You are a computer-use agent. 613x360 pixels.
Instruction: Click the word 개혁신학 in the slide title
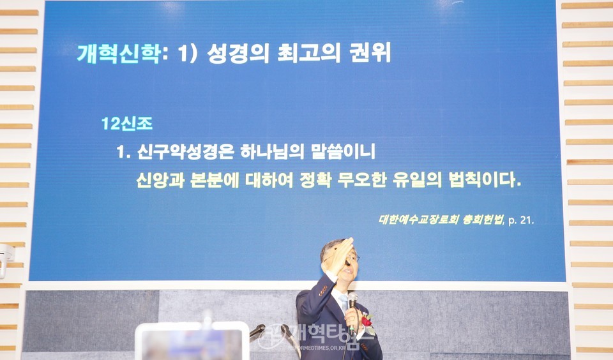[119, 53]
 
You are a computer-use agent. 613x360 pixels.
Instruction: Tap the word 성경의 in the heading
[238, 53]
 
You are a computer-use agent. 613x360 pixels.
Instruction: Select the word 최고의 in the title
[309, 53]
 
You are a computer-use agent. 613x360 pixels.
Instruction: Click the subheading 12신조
[126, 124]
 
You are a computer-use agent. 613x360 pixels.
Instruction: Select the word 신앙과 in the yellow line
[160, 180]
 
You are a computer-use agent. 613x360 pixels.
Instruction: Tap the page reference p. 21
[521, 220]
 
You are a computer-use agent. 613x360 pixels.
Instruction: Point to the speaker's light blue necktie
[344, 303]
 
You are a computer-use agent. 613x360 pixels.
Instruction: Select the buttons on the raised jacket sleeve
[323, 290]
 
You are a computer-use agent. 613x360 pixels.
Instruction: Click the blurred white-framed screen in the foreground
[192, 341]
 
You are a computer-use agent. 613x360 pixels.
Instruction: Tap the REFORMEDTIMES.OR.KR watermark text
[317, 347]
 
